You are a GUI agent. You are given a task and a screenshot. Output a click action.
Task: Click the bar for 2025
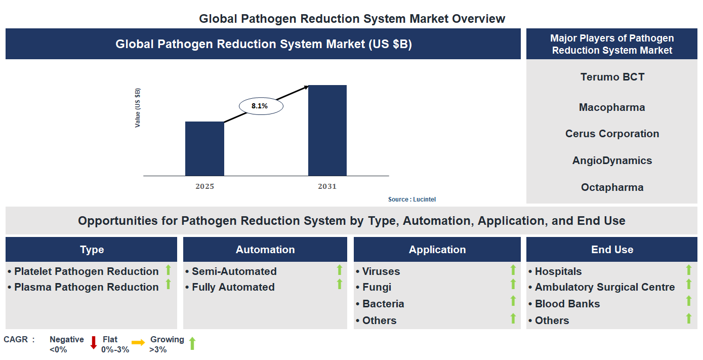click(204, 149)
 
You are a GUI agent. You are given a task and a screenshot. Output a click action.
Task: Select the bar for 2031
click(327, 131)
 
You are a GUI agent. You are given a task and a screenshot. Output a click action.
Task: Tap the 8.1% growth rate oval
click(260, 106)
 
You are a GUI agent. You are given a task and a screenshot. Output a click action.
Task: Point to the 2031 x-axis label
click(327, 186)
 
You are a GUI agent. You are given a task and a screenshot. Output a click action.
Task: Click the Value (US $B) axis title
click(138, 108)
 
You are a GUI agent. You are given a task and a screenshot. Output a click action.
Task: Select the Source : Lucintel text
click(411, 199)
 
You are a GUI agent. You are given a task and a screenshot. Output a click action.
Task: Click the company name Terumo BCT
click(612, 77)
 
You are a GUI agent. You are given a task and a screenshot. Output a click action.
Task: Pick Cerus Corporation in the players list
click(612, 134)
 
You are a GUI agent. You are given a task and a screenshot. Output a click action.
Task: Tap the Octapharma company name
click(612, 187)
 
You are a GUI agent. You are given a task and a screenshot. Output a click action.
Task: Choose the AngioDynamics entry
click(612, 161)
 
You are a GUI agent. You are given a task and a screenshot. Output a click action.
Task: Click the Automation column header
click(265, 250)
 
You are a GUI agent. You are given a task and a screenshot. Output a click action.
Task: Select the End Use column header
click(612, 250)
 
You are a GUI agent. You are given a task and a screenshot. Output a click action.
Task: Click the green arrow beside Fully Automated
click(340, 285)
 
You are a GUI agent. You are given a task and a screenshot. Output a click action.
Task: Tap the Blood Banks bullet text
click(567, 304)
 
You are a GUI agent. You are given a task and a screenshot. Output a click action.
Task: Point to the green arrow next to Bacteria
click(513, 301)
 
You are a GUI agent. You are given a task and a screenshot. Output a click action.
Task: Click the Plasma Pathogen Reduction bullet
click(86, 287)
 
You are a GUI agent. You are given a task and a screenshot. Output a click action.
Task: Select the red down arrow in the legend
click(93, 343)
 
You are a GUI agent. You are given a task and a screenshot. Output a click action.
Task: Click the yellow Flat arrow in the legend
click(138, 343)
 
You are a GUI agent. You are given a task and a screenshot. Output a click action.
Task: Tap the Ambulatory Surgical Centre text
click(604, 287)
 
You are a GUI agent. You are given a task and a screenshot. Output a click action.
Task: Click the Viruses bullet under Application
click(381, 271)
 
